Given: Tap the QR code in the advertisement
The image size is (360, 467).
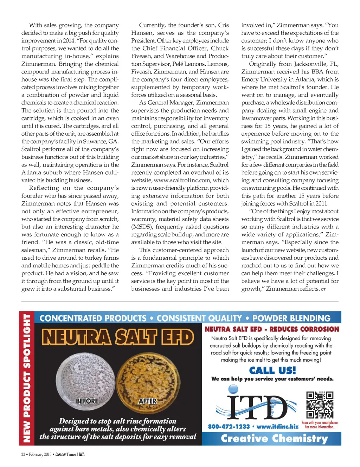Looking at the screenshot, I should [320, 405].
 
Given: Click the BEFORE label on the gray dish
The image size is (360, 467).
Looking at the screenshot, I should [87, 401].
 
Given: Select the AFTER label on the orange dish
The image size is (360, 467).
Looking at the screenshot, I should [148, 401].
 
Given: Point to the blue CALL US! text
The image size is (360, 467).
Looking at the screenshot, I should [272, 370].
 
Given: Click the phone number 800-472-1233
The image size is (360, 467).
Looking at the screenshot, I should [229, 427].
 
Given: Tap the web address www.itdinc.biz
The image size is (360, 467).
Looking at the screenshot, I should [277, 427].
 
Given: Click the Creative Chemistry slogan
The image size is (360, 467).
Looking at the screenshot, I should [274, 439].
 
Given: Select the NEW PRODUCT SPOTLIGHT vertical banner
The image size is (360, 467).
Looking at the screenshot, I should [27, 378].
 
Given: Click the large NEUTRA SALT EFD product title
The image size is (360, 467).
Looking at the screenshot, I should [118, 337].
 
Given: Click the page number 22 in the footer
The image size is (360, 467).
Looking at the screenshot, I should [23, 454].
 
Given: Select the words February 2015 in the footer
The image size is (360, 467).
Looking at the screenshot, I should [40, 454].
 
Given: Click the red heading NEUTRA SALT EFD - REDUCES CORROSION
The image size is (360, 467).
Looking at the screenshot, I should [272, 329].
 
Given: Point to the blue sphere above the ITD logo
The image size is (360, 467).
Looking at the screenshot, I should [233, 389].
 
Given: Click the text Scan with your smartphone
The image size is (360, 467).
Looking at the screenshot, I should [319, 423].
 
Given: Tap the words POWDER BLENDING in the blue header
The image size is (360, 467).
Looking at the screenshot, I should [291, 318].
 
